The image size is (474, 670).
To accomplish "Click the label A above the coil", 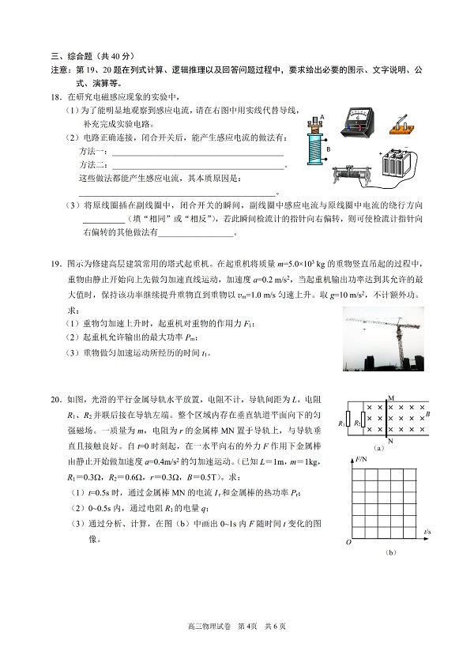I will point(322,117).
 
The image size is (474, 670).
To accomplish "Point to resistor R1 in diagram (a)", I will point(348,424).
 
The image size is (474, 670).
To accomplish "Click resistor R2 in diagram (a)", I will point(363,424).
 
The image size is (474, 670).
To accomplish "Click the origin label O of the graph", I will point(346,544).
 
